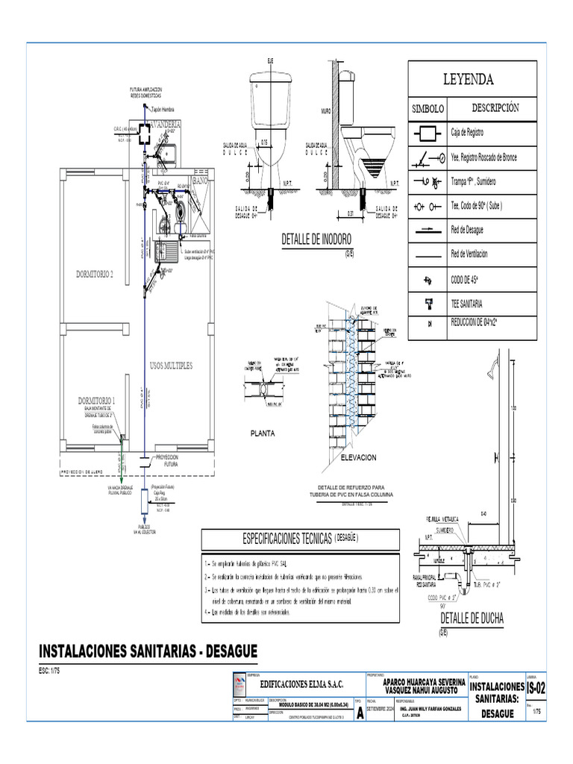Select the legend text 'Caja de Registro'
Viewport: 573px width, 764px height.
tap(468, 132)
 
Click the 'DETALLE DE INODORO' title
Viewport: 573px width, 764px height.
tap(316, 239)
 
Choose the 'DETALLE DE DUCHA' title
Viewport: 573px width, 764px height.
tap(472, 619)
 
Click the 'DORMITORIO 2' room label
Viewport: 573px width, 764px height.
tap(95, 275)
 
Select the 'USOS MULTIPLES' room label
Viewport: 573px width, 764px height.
tap(171, 366)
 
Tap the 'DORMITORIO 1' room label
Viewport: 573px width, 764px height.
tap(97, 401)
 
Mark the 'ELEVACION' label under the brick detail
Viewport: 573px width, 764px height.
tap(358, 457)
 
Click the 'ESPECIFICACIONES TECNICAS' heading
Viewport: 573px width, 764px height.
tap(287, 538)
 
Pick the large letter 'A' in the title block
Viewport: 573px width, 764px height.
tap(361, 713)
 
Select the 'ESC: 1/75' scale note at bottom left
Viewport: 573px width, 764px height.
tap(50, 671)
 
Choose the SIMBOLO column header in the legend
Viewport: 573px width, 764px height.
tap(428, 108)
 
